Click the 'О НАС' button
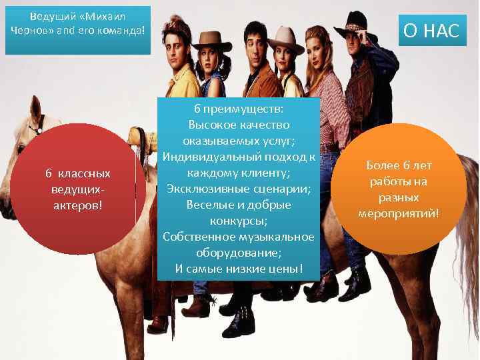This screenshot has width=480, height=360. (429, 31)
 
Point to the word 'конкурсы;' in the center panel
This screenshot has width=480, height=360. (239, 221)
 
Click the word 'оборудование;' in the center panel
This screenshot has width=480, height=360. (239, 253)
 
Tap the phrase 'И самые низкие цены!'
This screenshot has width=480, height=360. (239, 269)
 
